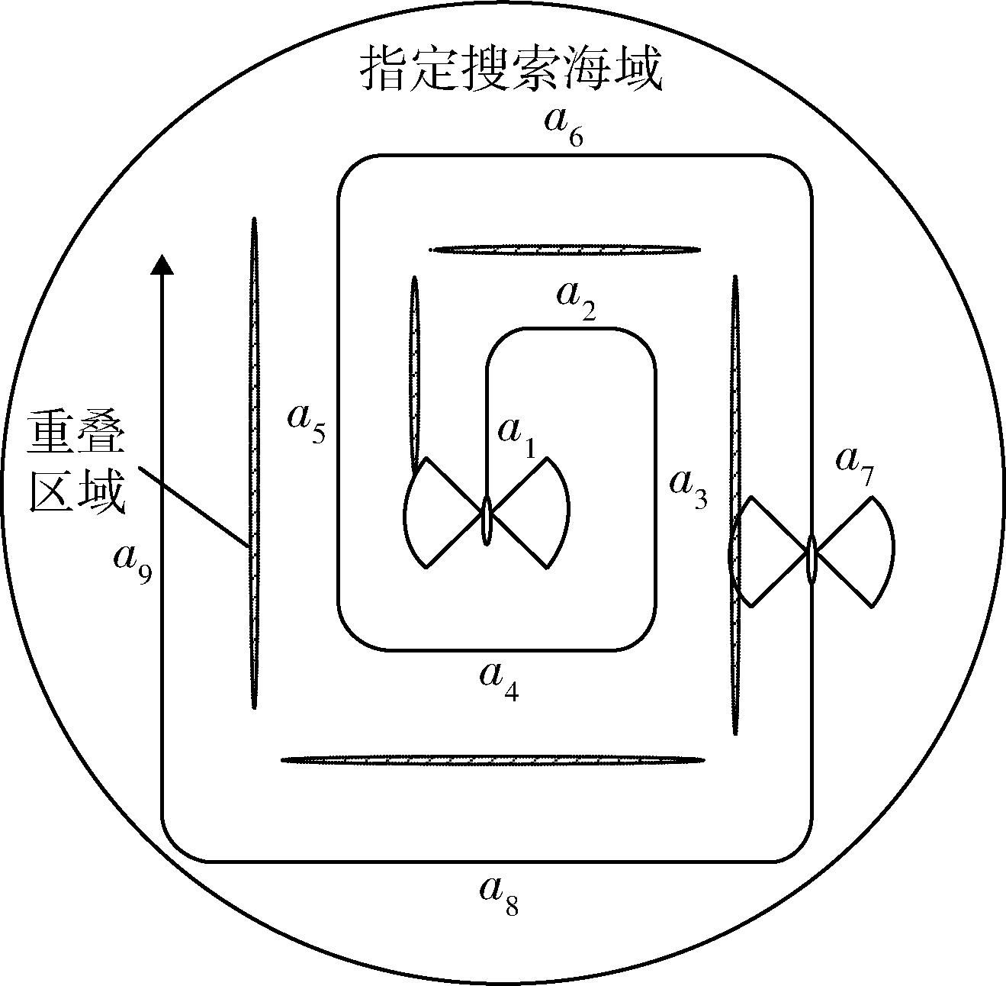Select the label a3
(689, 488)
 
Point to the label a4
(499, 682)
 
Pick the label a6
(564, 127)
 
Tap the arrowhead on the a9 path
(162, 264)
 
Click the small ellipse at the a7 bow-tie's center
(812, 559)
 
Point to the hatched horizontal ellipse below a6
(565, 250)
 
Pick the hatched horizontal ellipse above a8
(493, 760)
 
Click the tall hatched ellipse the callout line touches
(254, 463)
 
